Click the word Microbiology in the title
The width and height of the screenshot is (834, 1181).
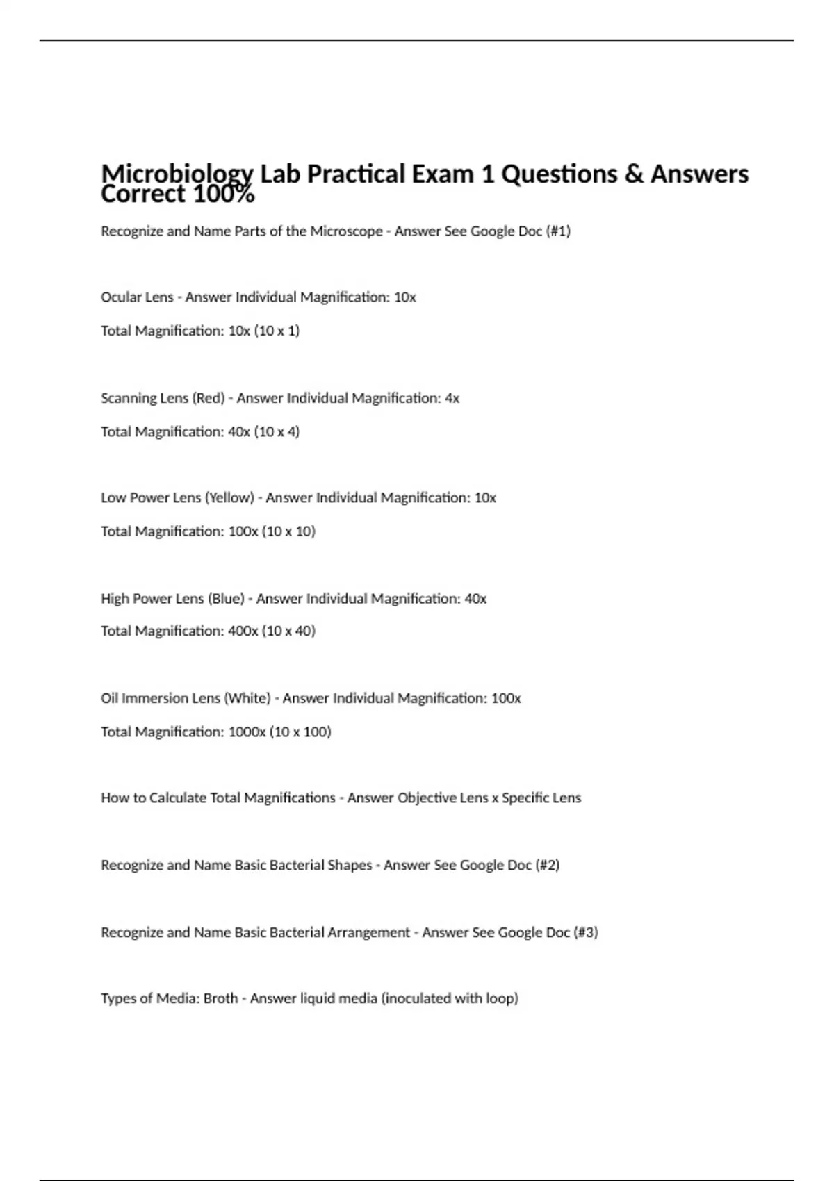[177, 173]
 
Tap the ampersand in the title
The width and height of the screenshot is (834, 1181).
[633, 173]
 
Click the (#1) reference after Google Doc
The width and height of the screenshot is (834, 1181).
[558, 231]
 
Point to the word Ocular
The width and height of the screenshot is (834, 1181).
[120, 297]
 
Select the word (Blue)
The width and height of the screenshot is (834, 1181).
[226, 598]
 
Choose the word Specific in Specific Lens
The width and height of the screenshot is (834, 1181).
[526, 798]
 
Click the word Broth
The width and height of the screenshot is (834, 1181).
[221, 998]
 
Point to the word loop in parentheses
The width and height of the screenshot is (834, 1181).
[502, 998]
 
